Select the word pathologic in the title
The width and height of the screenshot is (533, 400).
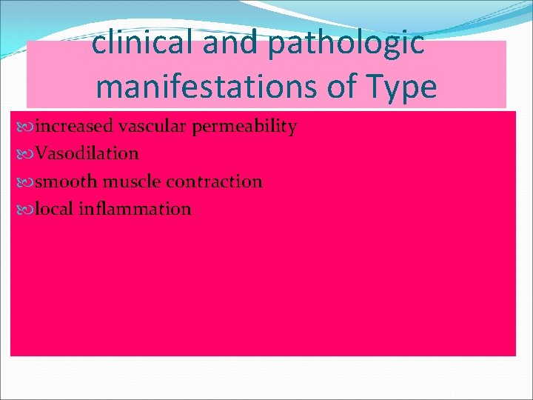click(346, 44)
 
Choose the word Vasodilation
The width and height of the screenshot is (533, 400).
click(87, 154)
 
